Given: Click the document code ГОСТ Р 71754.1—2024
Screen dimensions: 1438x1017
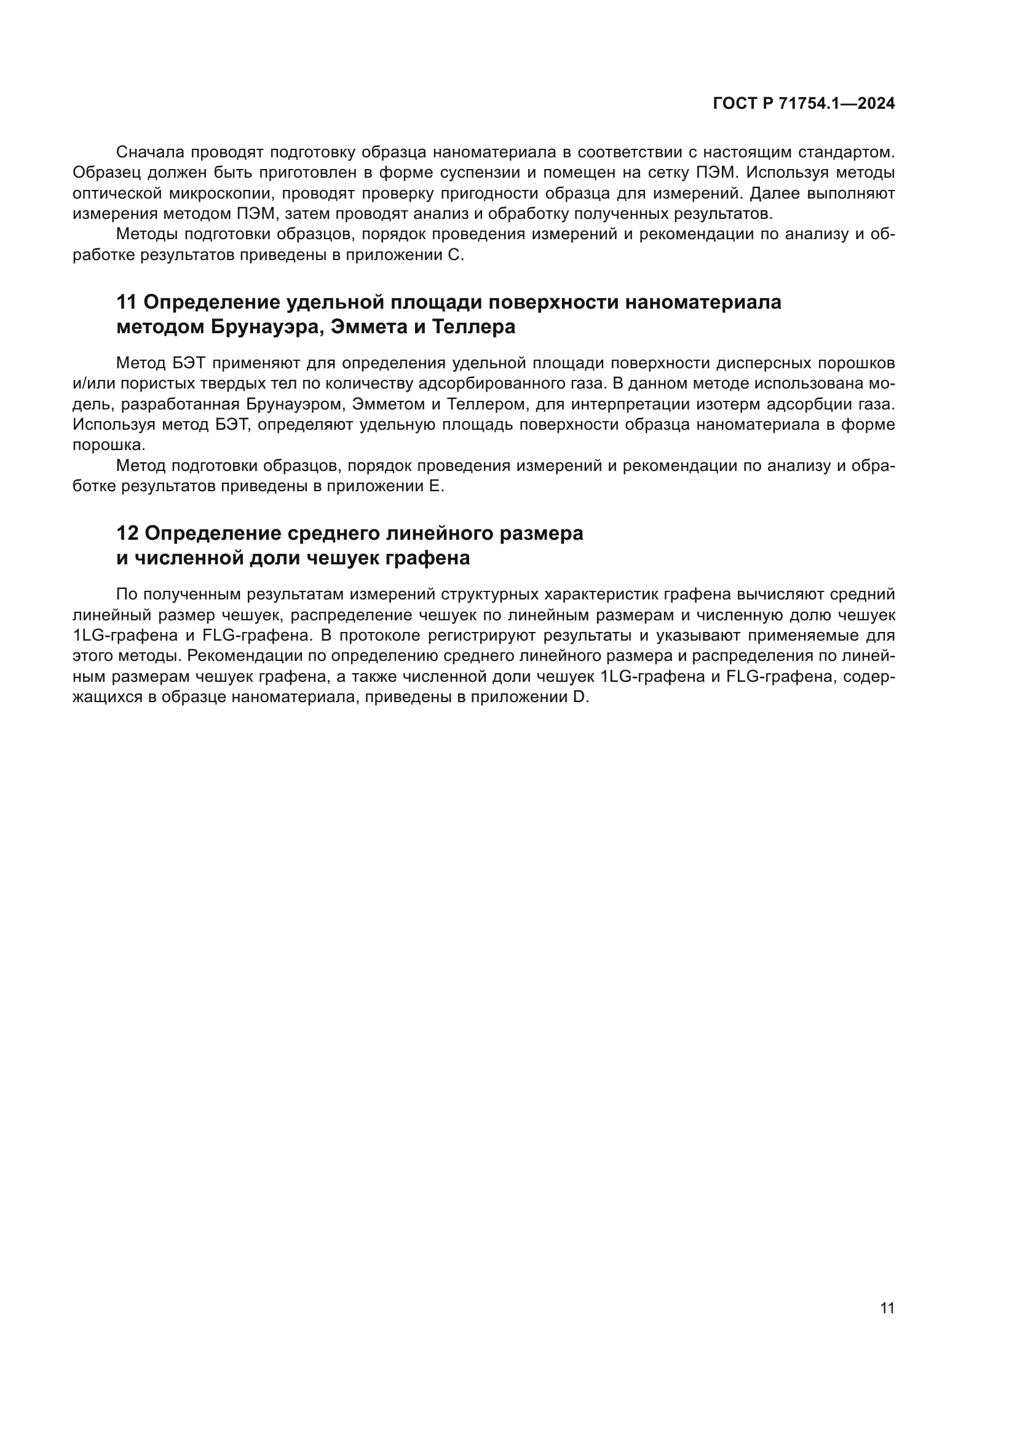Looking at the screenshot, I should pyautogui.click(x=804, y=104).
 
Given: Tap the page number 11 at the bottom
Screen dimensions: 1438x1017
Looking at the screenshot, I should pyautogui.click(x=887, y=1308).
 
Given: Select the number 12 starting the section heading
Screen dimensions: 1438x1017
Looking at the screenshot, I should pyautogui.click(x=127, y=533).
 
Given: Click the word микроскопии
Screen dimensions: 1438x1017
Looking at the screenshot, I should pyautogui.click(x=211, y=194).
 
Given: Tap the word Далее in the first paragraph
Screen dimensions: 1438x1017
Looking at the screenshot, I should pyautogui.click(x=774, y=194).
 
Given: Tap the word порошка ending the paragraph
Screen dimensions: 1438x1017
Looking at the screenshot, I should pyautogui.click(x=108, y=445).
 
